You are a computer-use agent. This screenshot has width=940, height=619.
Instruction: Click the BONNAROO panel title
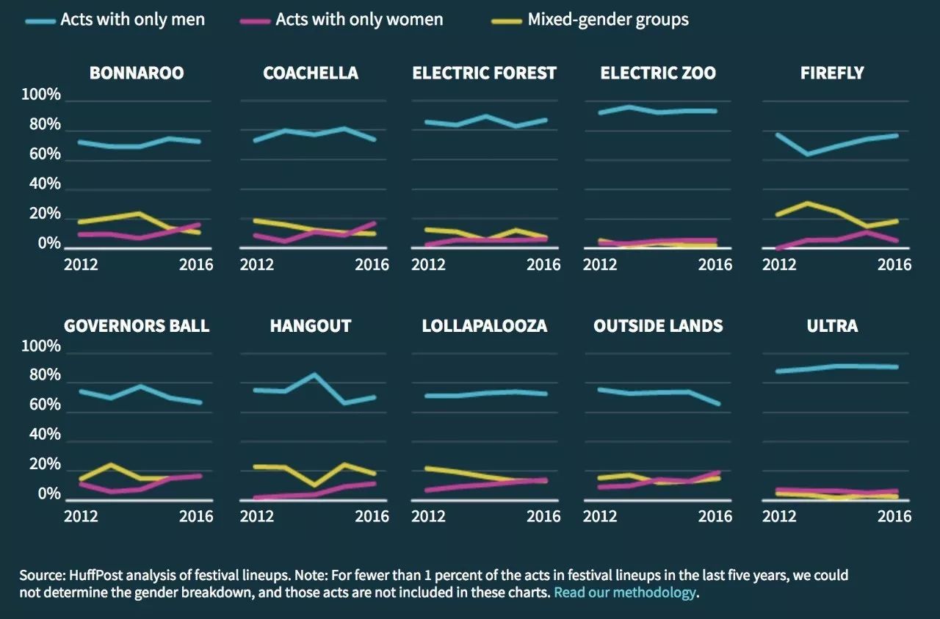tap(137, 73)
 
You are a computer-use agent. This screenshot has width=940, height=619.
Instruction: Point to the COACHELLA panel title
tap(311, 73)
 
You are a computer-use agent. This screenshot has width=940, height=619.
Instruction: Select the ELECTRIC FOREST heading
tap(485, 73)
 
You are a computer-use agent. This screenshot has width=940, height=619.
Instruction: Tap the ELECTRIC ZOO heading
tap(658, 73)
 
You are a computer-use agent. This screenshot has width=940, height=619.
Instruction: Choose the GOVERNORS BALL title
tap(137, 326)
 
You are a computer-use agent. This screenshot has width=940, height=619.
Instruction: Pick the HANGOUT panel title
tap(311, 326)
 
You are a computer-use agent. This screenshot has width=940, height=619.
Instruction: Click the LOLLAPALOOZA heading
tap(485, 326)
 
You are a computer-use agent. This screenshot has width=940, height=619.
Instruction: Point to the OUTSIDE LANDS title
tap(658, 326)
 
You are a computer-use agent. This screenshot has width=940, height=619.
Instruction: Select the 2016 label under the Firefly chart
tap(894, 264)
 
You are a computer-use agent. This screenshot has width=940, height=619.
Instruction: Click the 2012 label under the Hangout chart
tap(256, 517)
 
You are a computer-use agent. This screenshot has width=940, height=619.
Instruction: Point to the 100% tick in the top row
tap(41, 95)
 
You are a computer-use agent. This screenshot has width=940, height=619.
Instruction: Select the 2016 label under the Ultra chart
tap(894, 517)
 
